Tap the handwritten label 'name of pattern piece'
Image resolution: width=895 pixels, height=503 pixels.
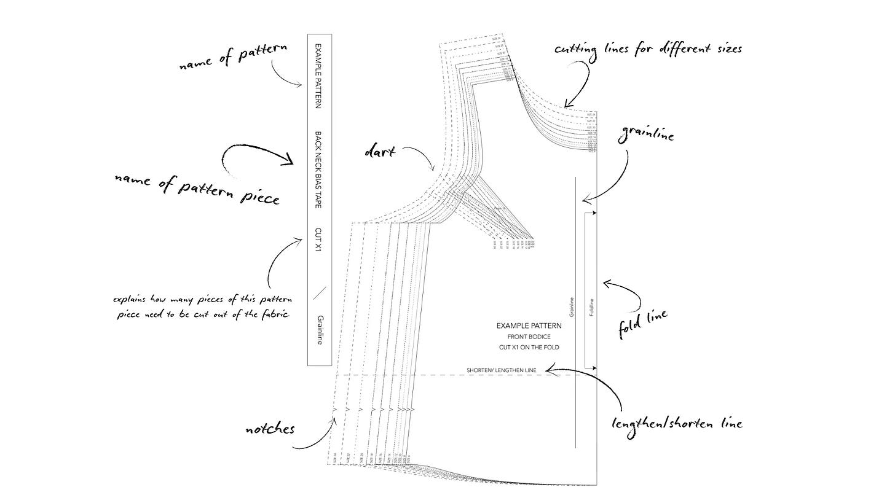click(x=197, y=188)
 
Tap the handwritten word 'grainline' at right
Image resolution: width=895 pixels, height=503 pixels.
click(x=647, y=133)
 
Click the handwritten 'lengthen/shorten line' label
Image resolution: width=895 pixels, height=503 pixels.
click(x=676, y=423)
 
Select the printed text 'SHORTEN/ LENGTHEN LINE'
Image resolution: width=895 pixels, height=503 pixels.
click(x=502, y=370)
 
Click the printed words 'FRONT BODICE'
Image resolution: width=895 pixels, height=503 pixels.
click(x=529, y=337)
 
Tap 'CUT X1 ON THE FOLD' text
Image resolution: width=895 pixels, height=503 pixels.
click(x=529, y=348)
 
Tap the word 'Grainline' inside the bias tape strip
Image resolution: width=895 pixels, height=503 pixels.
click(x=320, y=330)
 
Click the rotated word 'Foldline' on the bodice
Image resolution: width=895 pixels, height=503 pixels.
click(x=591, y=306)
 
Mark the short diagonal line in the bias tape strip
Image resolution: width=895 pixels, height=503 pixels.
click(x=319, y=292)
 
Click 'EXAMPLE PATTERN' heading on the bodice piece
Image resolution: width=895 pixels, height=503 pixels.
click(x=529, y=326)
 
